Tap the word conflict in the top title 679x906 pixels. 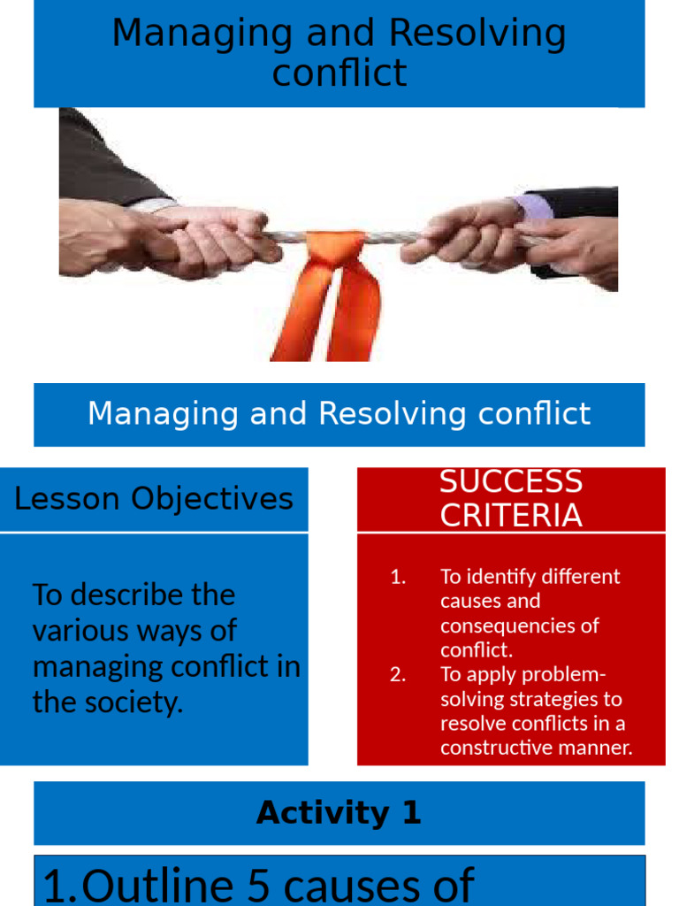[x=339, y=73]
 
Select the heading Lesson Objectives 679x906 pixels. [x=154, y=499]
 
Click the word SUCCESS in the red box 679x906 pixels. [x=511, y=482]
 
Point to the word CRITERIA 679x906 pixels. [x=511, y=516]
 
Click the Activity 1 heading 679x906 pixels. [x=339, y=813]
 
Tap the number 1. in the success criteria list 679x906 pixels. [x=398, y=577]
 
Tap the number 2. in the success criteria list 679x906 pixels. [x=398, y=675]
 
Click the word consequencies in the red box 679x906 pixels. [x=520, y=626]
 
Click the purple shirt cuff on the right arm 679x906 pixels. [x=534, y=209]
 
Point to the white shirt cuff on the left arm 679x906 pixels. [x=152, y=205]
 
